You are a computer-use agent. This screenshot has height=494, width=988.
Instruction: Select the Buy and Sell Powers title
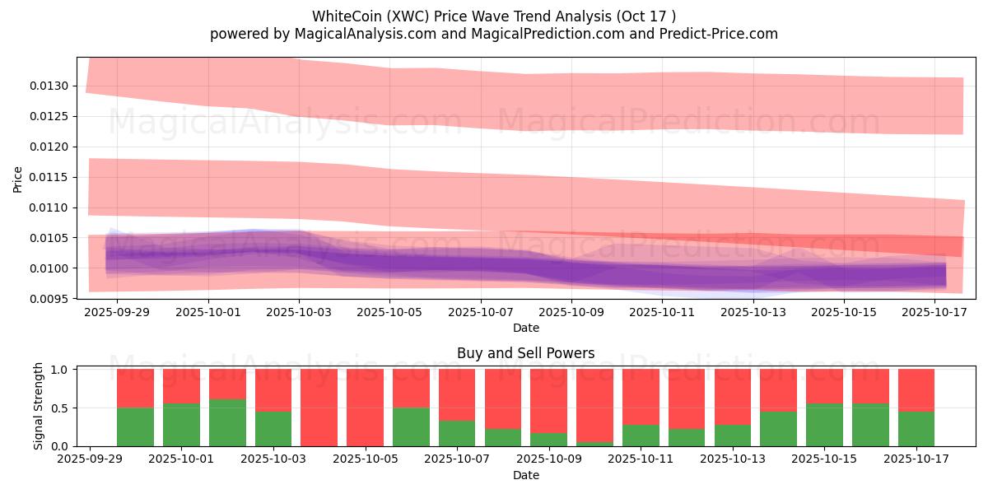click(x=525, y=353)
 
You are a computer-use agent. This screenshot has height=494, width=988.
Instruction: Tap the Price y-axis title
click(x=18, y=179)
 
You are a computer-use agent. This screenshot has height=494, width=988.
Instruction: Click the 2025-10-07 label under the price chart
click(x=480, y=313)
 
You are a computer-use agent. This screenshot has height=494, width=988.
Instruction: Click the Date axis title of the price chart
click(x=525, y=328)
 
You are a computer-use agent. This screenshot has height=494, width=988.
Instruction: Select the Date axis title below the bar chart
click(x=525, y=475)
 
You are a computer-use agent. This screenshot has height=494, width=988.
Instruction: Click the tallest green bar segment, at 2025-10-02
click(x=227, y=422)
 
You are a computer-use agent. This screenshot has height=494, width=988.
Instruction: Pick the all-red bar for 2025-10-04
click(x=319, y=408)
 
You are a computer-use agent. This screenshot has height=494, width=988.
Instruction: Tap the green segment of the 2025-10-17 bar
click(x=916, y=429)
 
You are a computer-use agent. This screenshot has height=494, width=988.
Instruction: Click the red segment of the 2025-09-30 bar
click(x=136, y=389)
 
